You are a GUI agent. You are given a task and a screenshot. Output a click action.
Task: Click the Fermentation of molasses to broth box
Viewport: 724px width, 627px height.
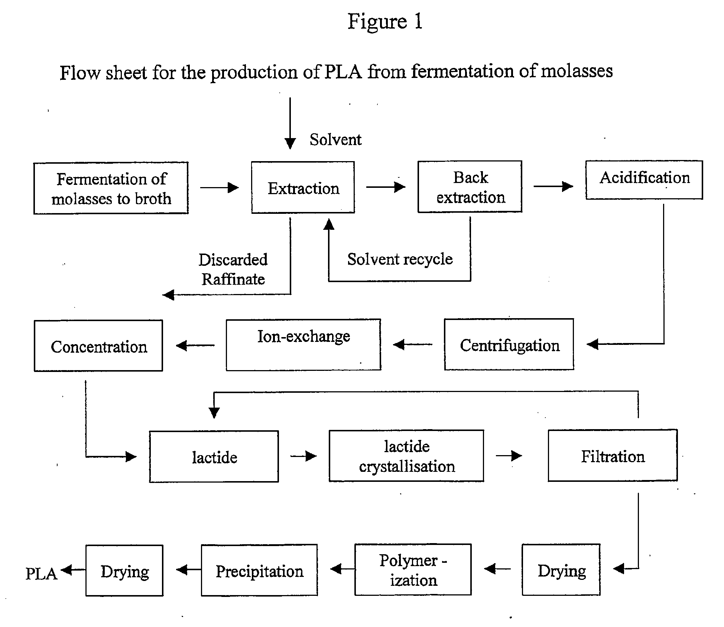[x=111, y=188]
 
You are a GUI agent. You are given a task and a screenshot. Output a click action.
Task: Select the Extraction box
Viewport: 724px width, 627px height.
[x=303, y=187]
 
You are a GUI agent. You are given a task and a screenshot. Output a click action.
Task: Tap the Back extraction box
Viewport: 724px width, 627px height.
[x=470, y=187]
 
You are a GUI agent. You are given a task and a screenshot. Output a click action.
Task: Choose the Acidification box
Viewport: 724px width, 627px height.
[x=644, y=180]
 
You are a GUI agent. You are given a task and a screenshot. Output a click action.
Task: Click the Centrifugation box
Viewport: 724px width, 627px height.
[x=509, y=344]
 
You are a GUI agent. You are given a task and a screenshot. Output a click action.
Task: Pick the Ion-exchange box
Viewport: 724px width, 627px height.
[x=303, y=344]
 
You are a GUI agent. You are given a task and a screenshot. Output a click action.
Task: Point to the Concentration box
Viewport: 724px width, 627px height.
[x=98, y=346]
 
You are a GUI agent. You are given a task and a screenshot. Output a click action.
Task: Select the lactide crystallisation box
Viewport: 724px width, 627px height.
[x=406, y=456]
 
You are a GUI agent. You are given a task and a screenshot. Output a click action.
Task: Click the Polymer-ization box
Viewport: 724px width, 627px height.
[x=413, y=570]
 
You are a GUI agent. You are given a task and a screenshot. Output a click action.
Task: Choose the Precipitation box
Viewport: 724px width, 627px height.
[x=259, y=571]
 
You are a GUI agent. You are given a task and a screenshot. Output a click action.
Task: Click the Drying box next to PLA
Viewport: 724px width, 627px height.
[x=124, y=571]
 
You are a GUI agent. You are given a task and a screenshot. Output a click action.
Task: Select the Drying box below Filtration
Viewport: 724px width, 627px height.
[x=561, y=570]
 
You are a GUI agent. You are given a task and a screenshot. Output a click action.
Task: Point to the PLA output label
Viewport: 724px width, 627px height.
[x=41, y=574]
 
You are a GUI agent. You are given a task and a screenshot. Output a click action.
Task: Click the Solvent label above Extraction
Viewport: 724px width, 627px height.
[x=335, y=140]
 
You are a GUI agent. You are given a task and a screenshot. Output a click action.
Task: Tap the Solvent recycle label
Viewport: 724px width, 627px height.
[x=400, y=259]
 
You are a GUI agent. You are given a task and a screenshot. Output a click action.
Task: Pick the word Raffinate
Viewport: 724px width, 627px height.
[x=233, y=279]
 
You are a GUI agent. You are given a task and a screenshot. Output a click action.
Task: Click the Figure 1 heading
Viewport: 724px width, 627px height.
[x=385, y=21]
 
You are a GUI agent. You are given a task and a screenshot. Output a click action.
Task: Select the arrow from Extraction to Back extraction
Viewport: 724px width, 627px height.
[x=386, y=187]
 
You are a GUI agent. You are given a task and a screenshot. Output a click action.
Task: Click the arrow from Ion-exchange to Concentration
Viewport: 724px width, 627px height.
[x=195, y=346]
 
